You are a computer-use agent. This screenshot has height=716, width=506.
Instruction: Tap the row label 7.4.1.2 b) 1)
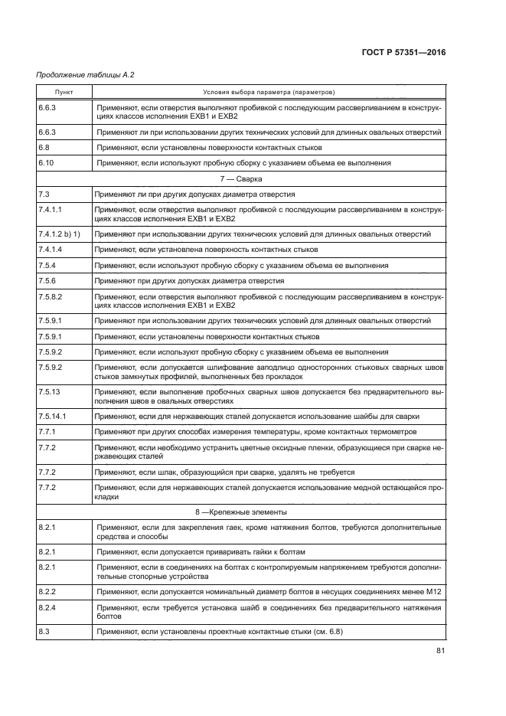[x=60, y=233]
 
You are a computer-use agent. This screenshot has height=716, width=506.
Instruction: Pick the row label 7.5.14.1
[x=52, y=417]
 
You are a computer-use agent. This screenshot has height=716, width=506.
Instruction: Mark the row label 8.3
[x=43, y=632]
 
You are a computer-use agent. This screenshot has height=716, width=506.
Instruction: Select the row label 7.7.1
[x=47, y=432]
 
